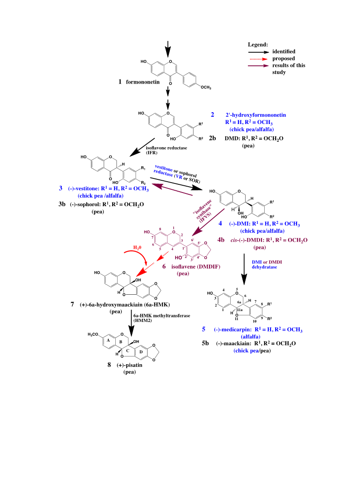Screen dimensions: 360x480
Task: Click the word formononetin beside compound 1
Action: point(143,82)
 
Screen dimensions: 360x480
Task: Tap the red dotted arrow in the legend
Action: point(259,59)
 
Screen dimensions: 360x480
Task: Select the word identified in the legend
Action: point(284,51)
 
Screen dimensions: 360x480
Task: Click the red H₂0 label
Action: point(137,247)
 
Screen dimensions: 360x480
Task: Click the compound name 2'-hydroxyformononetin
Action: point(256,115)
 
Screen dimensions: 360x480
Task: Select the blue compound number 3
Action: point(61,188)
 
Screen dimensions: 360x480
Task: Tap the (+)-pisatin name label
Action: point(129,365)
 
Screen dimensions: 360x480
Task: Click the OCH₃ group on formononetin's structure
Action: point(206,87)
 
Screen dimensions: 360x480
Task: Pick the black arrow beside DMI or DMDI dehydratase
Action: point(244,269)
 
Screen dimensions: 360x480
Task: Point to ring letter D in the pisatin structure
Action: point(141,352)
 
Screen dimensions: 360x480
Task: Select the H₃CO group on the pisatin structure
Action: point(93,334)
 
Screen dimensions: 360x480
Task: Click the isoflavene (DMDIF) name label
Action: point(196,267)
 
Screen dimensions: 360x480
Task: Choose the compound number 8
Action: point(109,365)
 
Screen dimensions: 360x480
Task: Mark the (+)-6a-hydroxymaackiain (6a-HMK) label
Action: point(124,305)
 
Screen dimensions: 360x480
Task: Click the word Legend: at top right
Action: point(258,45)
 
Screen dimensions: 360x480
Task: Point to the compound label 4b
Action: point(221,240)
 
